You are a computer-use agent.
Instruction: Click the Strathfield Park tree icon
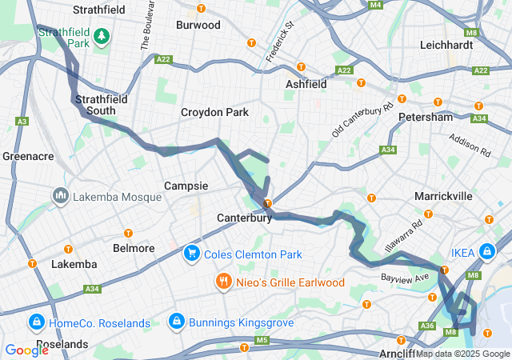(x=102, y=36)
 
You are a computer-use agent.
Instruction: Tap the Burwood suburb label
(x=198, y=25)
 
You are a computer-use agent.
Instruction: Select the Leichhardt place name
(x=446, y=45)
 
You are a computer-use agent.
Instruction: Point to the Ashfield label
(x=306, y=83)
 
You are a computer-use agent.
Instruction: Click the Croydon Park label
(x=214, y=113)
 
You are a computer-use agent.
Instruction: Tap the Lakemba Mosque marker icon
(x=61, y=196)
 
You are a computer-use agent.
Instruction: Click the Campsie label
(x=186, y=186)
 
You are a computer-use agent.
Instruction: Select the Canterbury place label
(x=244, y=218)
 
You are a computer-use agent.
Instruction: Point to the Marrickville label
(x=443, y=196)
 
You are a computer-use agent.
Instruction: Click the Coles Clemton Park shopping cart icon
(x=191, y=254)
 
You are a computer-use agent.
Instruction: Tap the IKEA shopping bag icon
(x=487, y=252)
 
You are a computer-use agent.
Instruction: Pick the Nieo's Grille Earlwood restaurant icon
(x=222, y=282)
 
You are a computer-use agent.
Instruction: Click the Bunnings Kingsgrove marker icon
(x=175, y=322)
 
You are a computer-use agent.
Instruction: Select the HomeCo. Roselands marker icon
(x=35, y=322)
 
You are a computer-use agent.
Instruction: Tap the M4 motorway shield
(x=375, y=5)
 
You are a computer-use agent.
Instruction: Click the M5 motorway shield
(x=262, y=341)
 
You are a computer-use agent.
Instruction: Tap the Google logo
(x=26, y=350)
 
